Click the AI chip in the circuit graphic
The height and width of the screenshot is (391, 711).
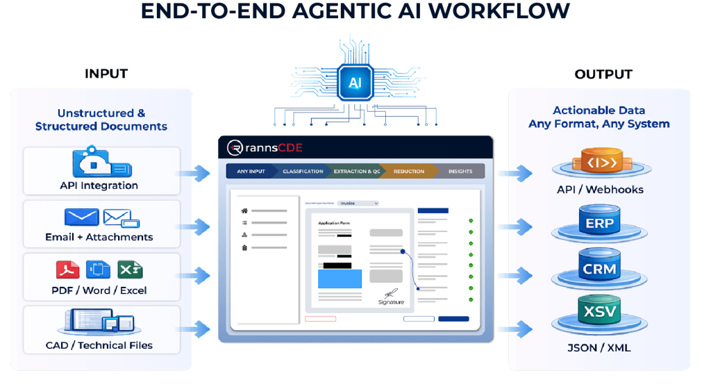355,82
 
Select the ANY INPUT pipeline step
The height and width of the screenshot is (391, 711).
251,171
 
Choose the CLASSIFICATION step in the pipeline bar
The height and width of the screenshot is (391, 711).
303,171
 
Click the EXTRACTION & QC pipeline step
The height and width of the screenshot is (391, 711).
357,171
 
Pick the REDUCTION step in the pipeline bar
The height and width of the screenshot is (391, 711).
408,171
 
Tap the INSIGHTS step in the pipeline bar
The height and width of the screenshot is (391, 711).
460,171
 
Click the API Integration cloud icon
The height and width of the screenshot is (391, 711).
101,163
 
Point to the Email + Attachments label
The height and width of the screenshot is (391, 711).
99,237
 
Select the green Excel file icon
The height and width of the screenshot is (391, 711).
129,269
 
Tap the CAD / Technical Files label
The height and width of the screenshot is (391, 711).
99,345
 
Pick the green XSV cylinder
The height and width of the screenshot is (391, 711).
599,312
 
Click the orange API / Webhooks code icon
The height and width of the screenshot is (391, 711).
599,165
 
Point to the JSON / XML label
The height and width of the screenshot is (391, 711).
599,347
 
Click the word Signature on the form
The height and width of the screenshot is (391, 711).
391,302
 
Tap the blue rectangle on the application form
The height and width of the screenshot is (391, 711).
340,278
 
